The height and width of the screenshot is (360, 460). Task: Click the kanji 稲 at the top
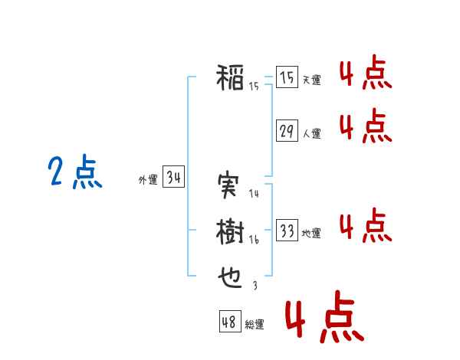230,77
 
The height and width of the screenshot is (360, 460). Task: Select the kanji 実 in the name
228,185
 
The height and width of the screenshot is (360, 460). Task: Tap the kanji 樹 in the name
230,231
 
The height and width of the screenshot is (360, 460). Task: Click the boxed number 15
287,77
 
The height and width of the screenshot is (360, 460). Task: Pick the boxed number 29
287,130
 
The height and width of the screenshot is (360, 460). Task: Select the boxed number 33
287,230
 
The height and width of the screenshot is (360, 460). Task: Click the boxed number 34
173,176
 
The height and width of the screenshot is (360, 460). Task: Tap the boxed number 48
230,321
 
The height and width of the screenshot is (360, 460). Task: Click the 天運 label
312,80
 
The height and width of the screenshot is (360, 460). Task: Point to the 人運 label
312,134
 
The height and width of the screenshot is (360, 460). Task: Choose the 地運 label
311,234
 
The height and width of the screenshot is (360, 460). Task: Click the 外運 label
148,180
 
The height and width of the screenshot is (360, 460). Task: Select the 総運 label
255,325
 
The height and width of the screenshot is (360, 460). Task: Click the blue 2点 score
75,172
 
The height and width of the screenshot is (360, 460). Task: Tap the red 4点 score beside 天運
366,72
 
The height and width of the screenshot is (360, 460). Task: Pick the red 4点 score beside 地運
366,225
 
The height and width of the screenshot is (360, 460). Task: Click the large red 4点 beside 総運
325,317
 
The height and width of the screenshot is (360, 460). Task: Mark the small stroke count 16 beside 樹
254,240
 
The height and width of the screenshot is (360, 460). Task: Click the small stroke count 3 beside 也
255,285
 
